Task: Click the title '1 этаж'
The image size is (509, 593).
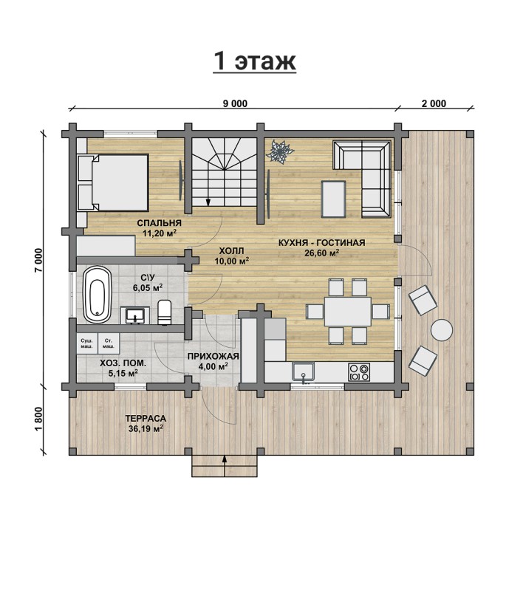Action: (254, 61)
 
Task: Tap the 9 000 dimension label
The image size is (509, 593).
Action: (235, 103)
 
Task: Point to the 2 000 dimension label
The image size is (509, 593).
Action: (434, 103)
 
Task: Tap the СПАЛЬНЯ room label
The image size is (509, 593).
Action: (160, 223)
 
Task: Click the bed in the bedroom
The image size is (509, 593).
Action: (112, 182)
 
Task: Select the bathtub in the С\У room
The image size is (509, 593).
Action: (97, 295)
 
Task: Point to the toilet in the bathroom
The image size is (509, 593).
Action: (165, 312)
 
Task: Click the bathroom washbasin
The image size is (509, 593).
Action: (134, 315)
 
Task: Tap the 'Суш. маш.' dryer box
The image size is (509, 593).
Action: (86, 343)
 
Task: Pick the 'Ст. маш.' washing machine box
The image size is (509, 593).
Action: (109, 343)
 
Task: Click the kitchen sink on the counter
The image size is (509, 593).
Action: (303, 371)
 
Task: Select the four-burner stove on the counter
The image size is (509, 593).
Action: (359, 371)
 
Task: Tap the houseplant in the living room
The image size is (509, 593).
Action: (280, 151)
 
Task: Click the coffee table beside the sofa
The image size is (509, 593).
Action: (333, 199)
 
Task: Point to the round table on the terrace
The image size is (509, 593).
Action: (442, 330)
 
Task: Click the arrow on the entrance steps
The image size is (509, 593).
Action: (225, 465)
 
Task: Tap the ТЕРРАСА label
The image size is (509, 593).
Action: (146, 419)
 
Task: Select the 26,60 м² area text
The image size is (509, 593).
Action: (321, 253)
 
